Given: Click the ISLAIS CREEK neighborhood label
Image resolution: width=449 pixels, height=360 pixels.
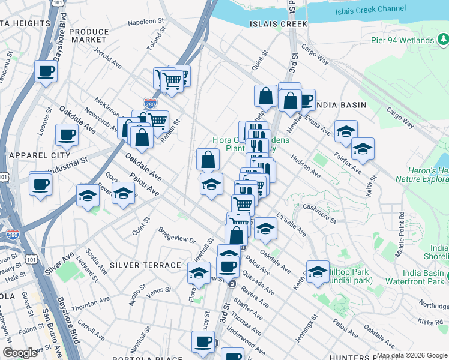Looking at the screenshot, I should (278, 24).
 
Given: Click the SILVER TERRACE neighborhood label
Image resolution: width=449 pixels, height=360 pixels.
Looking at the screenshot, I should (146, 265).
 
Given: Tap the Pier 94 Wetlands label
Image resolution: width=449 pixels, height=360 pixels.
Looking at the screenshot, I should (402, 40).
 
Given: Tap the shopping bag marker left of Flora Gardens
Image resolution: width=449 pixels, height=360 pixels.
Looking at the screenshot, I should (208, 160).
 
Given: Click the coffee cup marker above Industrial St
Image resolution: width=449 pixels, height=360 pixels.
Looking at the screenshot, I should (66, 134).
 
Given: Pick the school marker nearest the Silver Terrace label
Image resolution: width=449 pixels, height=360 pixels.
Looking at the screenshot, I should (199, 272).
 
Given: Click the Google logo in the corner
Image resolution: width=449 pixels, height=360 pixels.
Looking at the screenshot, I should (21, 353).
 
